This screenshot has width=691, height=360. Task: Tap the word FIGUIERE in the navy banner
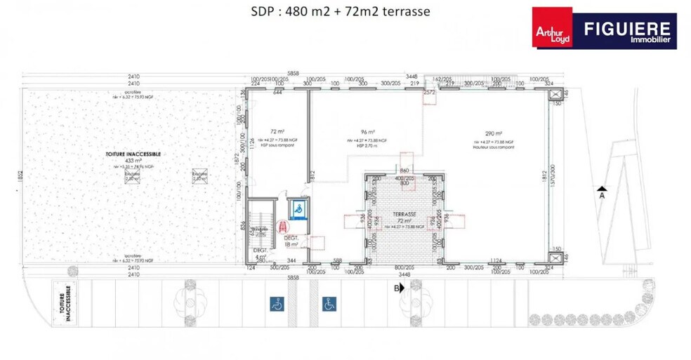(629, 28)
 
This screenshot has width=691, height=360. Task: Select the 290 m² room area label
(494, 133)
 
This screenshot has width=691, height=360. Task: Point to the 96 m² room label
(365, 131)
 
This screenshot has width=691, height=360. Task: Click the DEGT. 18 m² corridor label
(291, 241)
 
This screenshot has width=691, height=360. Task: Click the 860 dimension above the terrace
(404, 171)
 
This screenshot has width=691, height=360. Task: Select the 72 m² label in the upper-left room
(277, 131)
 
